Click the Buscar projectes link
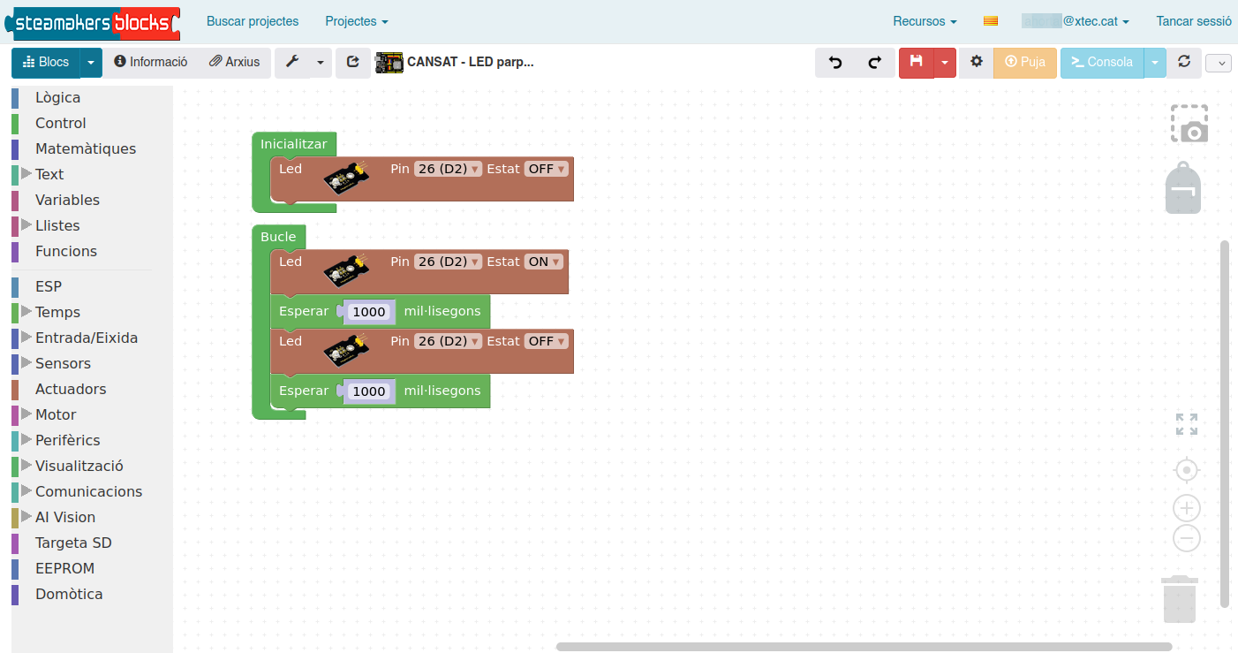point(252,21)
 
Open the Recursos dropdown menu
point(925,21)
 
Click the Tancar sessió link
point(1194,21)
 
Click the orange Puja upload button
point(1024,62)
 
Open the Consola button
point(1102,62)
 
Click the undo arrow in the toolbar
point(835,62)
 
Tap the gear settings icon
point(977,61)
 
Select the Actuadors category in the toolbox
point(71,389)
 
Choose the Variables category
point(67,200)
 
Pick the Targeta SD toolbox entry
point(73,543)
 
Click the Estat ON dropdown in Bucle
point(544,262)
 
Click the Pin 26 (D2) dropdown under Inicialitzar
point(448,169)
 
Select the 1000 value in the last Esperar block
point(368,391)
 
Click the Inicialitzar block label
point(293,144)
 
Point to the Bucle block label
point(278,237)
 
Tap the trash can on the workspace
point(1180,599)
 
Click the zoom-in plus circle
point(1187,508)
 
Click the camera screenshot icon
point(1189,124)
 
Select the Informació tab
point(151,62)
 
